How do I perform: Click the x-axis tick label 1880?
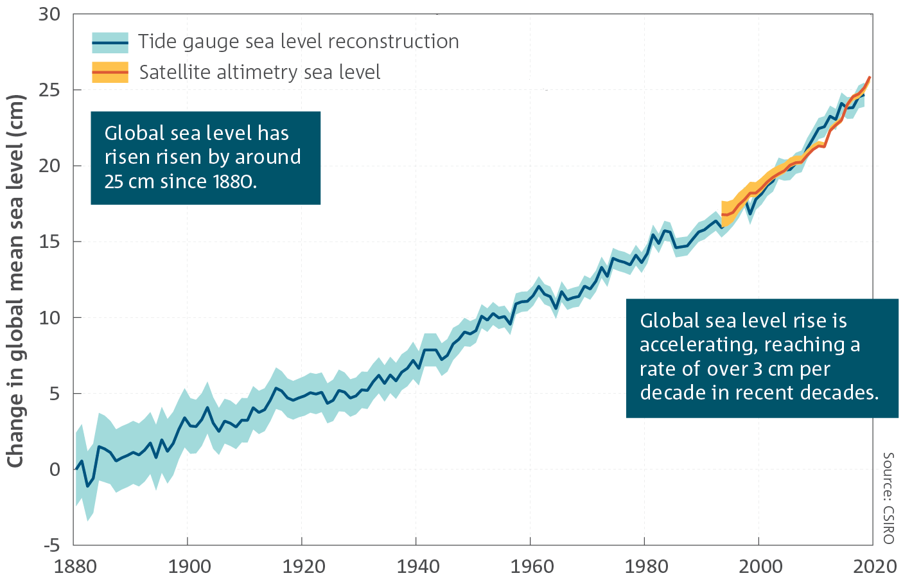(x=76, y=566)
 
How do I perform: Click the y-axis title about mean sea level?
(x=15, y=281)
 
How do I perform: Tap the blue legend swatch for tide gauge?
(x=110, y=43)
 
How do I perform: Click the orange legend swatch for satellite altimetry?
(x=110, y=73)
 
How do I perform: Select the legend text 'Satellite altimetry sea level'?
(x=259, y=73)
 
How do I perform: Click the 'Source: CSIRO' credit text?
(x=888, y=498)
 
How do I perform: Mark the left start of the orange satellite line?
(x=723, y=215)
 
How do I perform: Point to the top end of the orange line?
(x=870, y=78)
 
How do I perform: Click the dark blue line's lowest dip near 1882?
(x=88, y=486)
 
